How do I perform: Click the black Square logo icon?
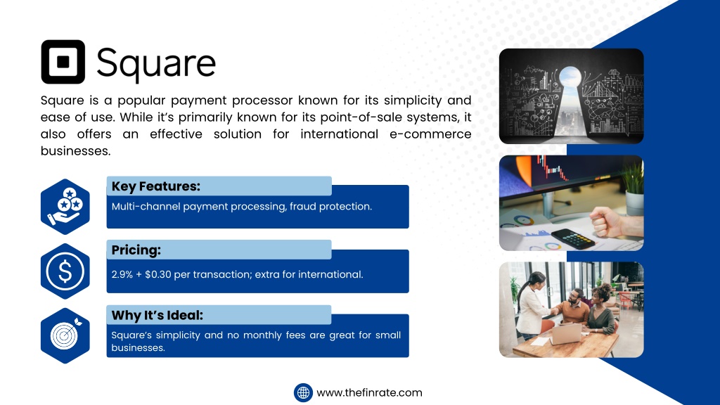pyautogui.click(x=63, y=62)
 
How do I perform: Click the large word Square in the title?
pyautogui.click(x=156, y=64)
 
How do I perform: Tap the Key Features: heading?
pyautogui.click(x=156, y=186)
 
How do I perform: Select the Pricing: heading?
pyautogui.click(x=136, y=250)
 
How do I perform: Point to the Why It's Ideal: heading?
pyautogui.click(x=157, y=315)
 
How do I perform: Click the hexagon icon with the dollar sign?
pyautogui.click(x=65, y=271)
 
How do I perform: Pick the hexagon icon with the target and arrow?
pyautogui.click(x=65, y=335)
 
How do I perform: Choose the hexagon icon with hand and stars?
pyautogui.click(x=65, y=207)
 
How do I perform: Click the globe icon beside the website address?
pyautogui.click(x=303, y=393)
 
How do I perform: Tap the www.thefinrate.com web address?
pyautogui.click(x=369, y=392)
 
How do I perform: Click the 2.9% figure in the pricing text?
pyautogui.click(x=122, y=275)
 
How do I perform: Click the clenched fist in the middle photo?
pyautogui.click(x=605, y=222)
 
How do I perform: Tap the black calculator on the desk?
pyautogui.click(x=572, y=238)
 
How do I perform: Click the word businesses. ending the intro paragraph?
pyautogui.click(x=76, y=151)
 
